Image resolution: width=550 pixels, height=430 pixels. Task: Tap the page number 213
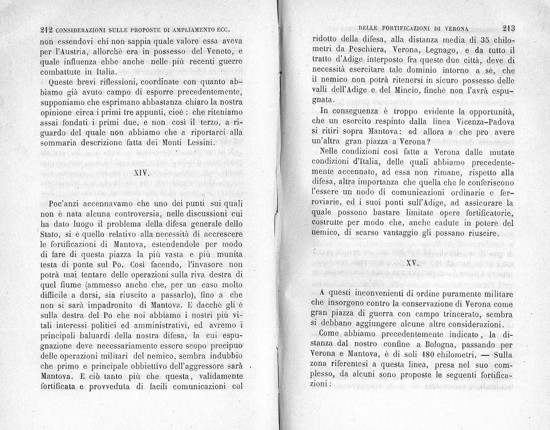(507, 28)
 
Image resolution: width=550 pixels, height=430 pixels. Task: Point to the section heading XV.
(412, 264)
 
